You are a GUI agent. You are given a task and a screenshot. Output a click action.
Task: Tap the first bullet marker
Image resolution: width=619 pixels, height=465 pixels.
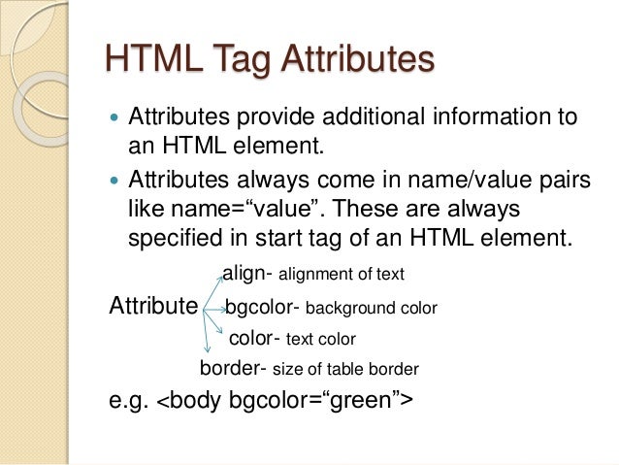tap(114, 118)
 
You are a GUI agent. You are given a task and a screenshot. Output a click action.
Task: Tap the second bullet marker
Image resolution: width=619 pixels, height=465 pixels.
tap(114, 181)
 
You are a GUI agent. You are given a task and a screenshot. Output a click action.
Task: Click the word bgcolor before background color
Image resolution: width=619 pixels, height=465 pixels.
tap(260, 309)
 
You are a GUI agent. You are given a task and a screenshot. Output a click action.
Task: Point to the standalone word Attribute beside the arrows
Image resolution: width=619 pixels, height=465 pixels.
tap(153, 308)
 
